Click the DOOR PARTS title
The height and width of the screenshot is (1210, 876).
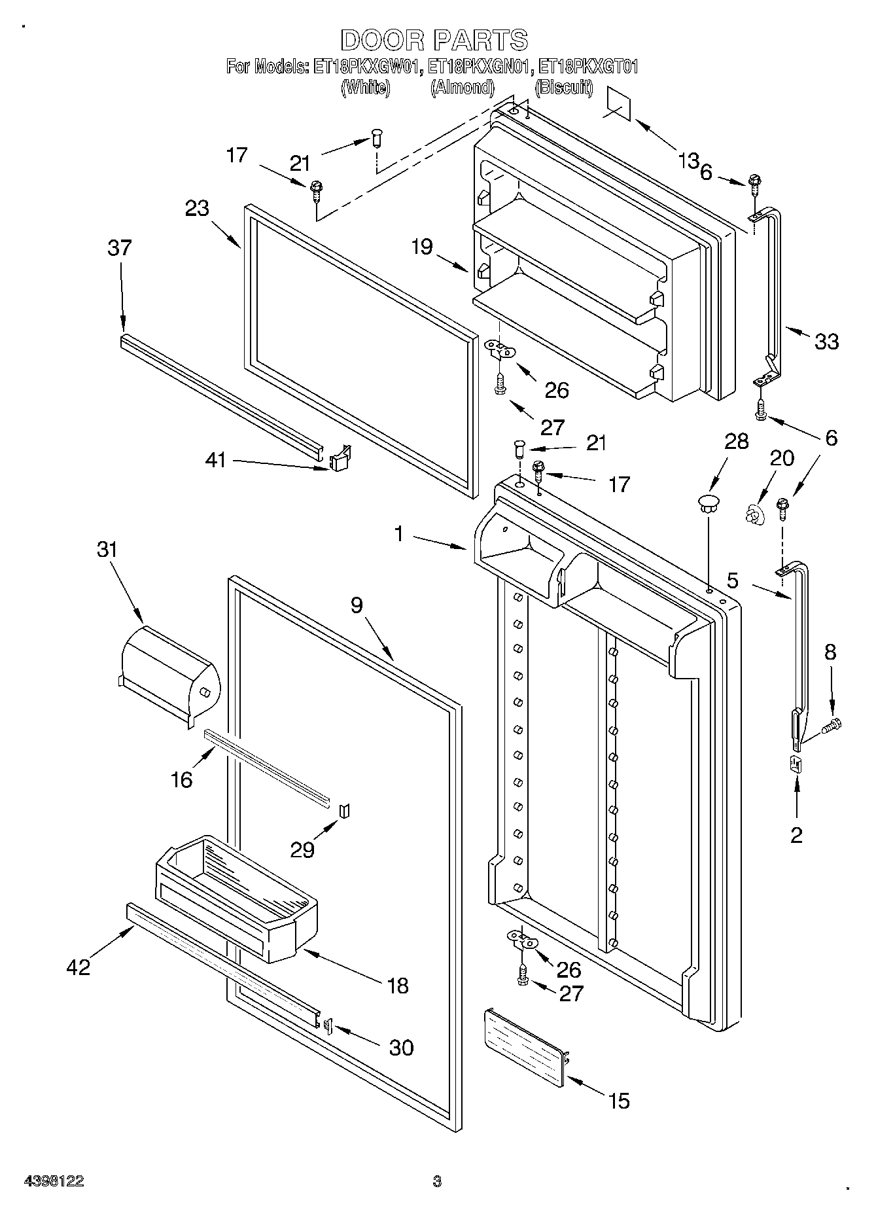[x=434, y=40]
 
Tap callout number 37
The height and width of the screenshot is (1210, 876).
[x=120, y=248]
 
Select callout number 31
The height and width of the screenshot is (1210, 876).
[x=107, y=549]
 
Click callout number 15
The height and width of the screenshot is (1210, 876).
[x=618, y=1101]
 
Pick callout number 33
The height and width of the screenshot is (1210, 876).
[x=827, y=341]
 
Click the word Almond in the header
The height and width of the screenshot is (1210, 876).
[x=462, y=87]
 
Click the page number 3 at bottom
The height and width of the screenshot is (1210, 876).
[x=437, y=1181]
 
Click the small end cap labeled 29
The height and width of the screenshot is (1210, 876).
[x=345, y=811]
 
